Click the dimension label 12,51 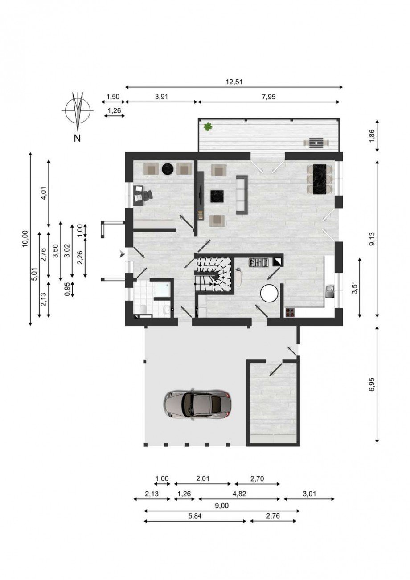point(234,82)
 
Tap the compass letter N point(77,139)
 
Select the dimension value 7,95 point(269,97)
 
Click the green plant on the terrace point(208,127)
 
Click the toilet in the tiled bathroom point(143,309)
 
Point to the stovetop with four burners point(290,313)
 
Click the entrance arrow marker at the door point(122,255)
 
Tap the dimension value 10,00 point(25,239)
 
